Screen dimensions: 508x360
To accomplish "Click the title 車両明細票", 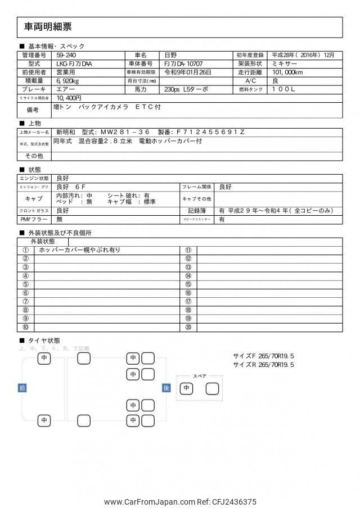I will [48, 26].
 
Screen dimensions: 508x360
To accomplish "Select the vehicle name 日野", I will [170, 55].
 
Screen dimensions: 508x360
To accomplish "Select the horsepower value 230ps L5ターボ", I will [186, 89].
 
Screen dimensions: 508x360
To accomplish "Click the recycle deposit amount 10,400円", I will [69, 98].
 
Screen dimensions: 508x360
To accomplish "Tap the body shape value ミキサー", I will [283, 64].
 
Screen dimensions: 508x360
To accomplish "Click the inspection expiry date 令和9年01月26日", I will [187, 72].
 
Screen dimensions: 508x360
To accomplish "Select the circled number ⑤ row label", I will [25, 284].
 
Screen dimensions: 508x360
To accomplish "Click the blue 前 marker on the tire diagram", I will [22, 388].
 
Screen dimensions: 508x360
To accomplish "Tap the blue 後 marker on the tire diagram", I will [166, 388].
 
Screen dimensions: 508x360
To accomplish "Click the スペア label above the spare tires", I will [199, 375].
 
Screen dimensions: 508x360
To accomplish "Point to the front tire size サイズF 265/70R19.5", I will [264, 356].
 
